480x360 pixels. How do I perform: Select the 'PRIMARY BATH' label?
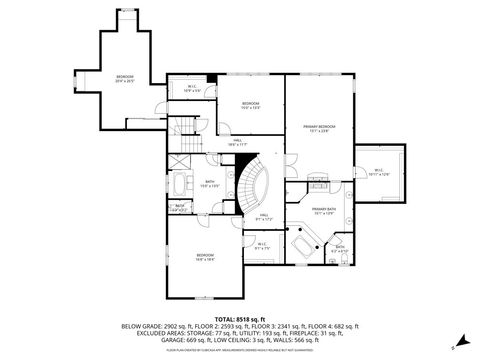coord(322,212)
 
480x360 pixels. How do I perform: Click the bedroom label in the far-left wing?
coord(124,79)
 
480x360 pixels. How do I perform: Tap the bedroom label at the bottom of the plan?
coord(204,257)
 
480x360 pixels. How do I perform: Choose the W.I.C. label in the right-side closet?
coord(380,172)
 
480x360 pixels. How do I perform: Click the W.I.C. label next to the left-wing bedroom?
coord(194,89)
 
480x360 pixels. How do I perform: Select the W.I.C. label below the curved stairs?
coord(262,246)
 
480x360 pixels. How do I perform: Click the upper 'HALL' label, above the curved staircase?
coord(238,143)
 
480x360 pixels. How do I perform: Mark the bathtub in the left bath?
coord(185,187)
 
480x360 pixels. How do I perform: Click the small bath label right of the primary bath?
coord(340,249)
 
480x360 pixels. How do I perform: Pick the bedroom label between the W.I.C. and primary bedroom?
coord(251,106)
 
